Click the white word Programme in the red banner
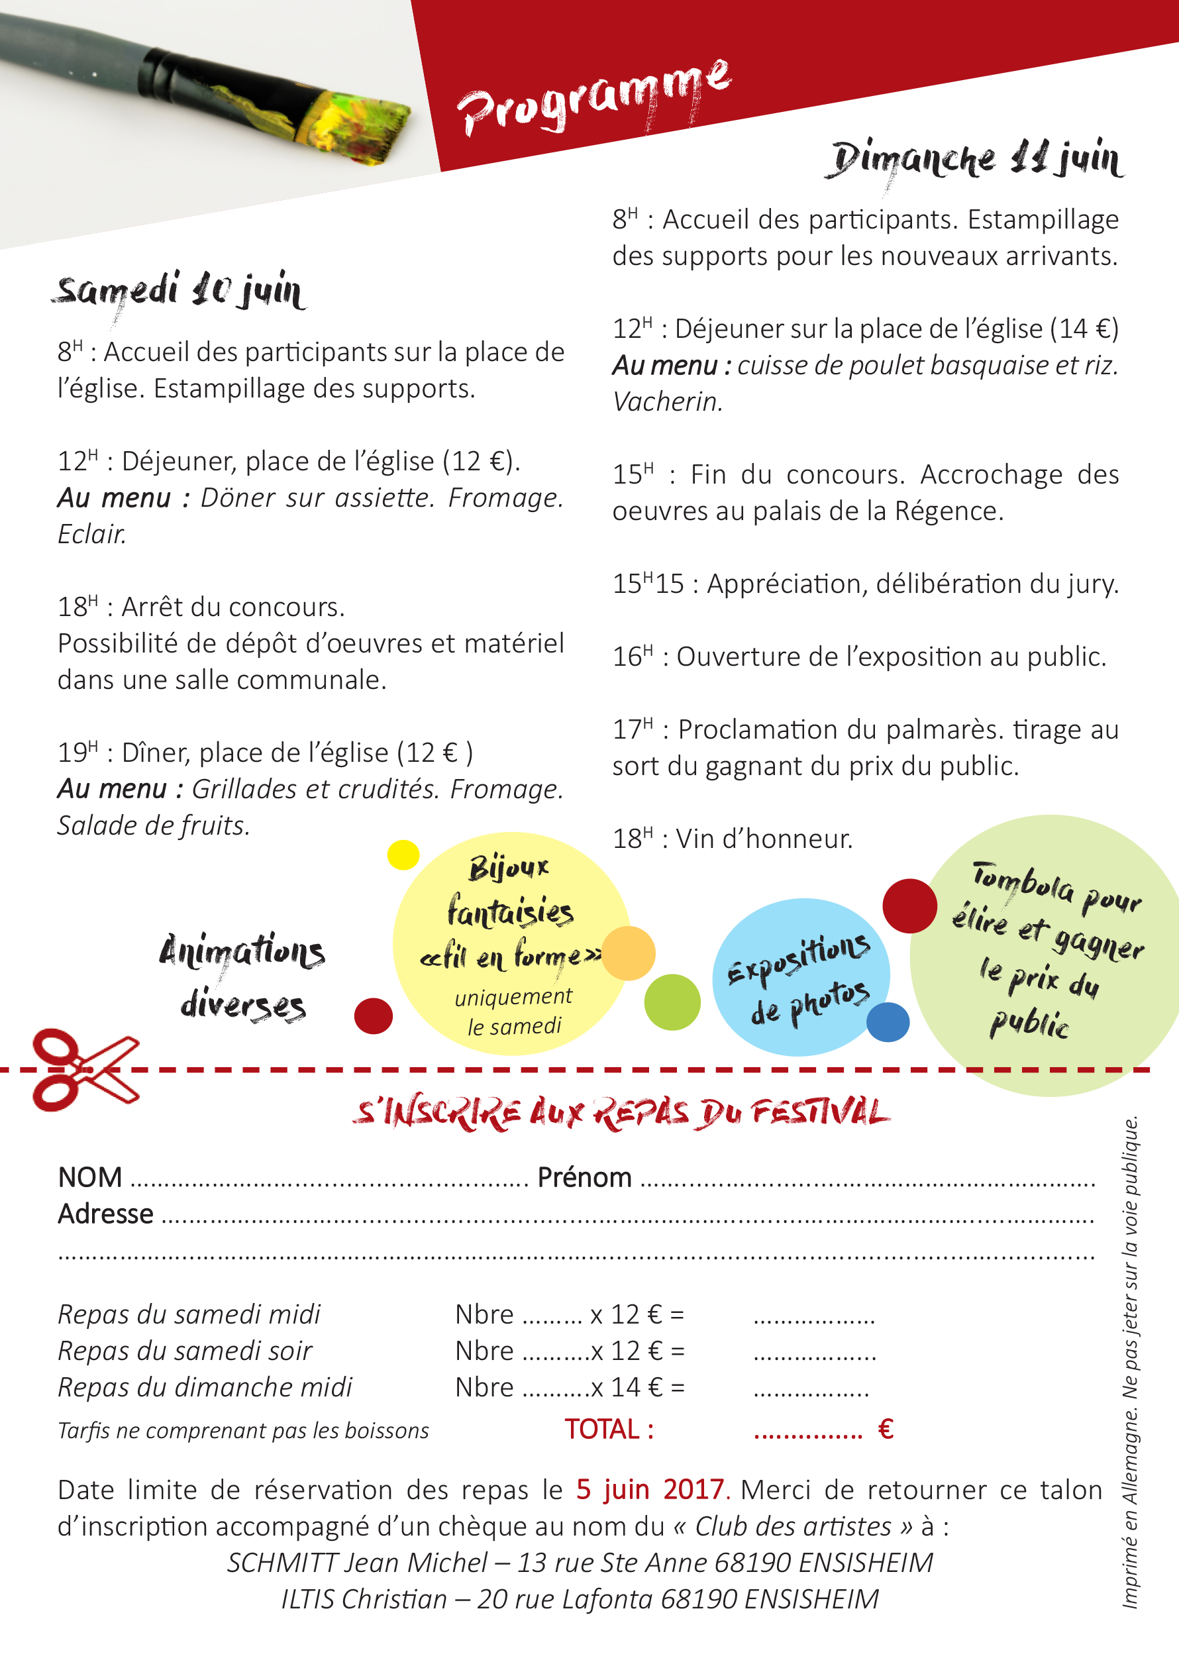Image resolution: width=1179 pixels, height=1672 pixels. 593,98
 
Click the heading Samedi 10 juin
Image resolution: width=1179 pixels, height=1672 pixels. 179,291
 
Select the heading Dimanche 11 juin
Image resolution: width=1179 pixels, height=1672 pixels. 976,160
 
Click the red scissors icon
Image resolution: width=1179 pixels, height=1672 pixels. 83,1069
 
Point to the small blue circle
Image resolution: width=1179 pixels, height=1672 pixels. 888,1021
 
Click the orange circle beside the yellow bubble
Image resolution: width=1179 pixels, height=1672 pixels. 629,953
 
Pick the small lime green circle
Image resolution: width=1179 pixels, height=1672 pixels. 672,1002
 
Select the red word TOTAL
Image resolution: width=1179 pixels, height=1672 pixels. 609,1430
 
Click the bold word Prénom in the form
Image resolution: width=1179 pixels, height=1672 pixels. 584,1178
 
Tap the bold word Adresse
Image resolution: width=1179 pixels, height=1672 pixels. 105,1214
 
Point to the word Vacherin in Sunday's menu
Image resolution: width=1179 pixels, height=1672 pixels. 667,401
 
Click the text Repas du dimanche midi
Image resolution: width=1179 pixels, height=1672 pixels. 205,1387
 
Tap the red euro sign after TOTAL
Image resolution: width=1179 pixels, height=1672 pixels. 886,1430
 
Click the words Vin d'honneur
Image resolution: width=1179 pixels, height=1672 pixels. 764,839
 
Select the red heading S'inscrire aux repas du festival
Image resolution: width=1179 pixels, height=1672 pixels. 621,1113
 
